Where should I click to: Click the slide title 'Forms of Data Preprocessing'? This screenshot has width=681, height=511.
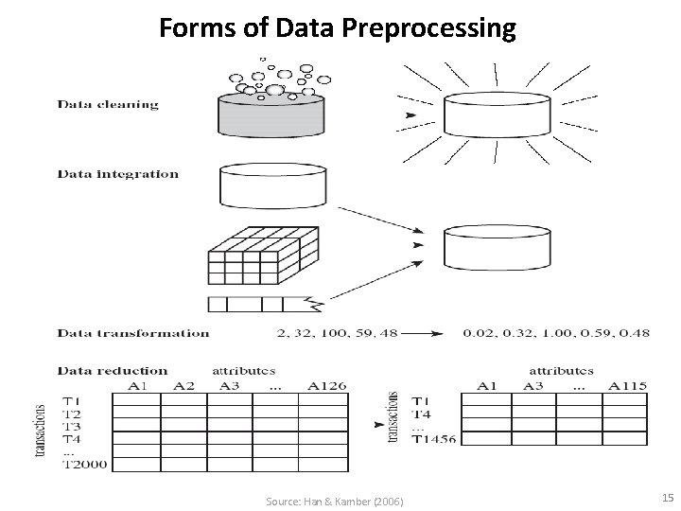coord(338,28)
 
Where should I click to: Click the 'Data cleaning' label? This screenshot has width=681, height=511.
coord(108,104)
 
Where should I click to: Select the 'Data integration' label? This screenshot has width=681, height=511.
coord(117,174)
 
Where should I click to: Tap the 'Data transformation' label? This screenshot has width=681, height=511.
coord(133,333)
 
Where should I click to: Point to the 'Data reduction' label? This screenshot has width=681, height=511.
coord(113,371)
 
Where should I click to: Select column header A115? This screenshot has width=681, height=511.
coord(628,385)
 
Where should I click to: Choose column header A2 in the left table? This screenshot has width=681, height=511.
coord(184,385)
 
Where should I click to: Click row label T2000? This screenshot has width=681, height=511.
coord(84,465)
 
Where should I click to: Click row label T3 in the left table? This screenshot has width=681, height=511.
coord(73,427)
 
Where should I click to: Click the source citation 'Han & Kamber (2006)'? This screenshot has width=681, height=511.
coord(336,500)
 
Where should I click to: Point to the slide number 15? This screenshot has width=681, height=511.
coord(667,498)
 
